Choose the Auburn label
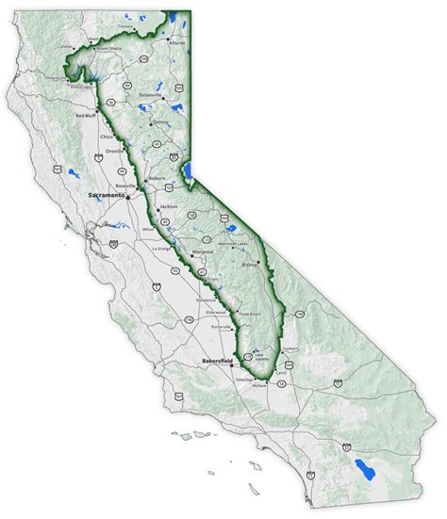(156, 177)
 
